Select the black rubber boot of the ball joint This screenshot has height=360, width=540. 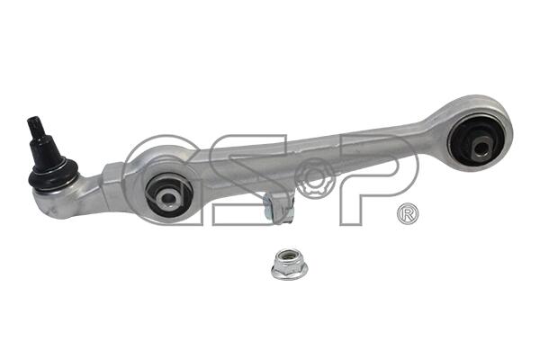pyautogui.click(x=53, y=175)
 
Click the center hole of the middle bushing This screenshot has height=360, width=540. pyautogui.click(x=168, y=197)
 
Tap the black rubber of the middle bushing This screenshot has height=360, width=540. pyautogui.click(x=169, y=194)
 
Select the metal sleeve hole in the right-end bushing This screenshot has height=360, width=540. pyautogui.click(x=481, y=148)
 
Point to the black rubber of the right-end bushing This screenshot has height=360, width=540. pyautogui.click(x=478, y=141)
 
